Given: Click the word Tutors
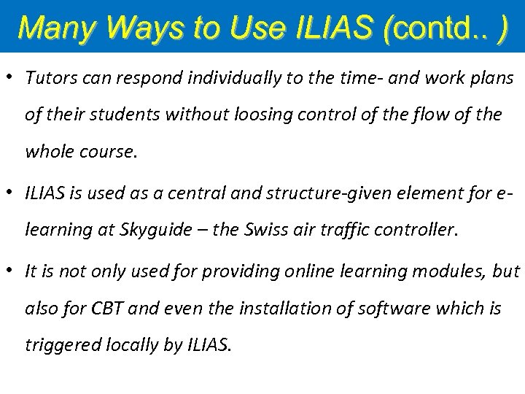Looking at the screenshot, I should click(48, 78).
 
